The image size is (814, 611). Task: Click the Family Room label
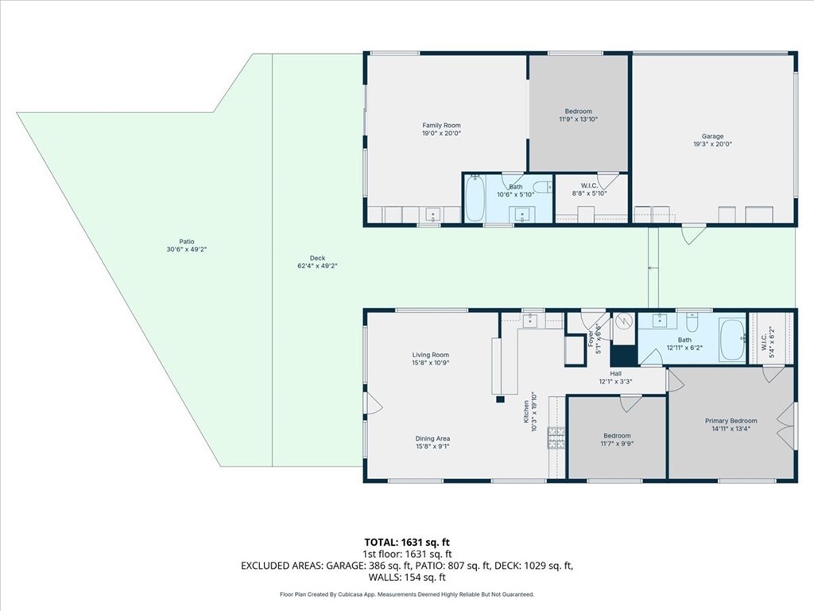pos(441,125)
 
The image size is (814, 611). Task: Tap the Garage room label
pos(712,136)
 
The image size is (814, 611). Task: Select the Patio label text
pos(187,242)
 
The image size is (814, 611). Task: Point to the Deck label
pos(317,258)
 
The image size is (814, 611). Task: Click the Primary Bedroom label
pos(731,421)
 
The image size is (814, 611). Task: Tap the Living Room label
pos(430,355)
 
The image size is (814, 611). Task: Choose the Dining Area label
pos(432,438)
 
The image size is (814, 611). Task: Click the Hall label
pos(616,373)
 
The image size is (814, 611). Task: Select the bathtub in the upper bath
pos(475,198)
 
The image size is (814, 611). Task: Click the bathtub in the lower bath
pos(732,341)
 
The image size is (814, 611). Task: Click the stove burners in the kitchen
pos(556,438)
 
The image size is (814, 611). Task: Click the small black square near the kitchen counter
pos(501,399)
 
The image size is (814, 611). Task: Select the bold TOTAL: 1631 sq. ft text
pos(407,543)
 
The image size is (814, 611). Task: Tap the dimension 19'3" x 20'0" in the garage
pos(712,145)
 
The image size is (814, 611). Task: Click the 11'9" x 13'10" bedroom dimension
pos(579,119)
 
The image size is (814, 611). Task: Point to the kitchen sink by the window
pos(529,321)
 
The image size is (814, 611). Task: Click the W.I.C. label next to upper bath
pos(589,185)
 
